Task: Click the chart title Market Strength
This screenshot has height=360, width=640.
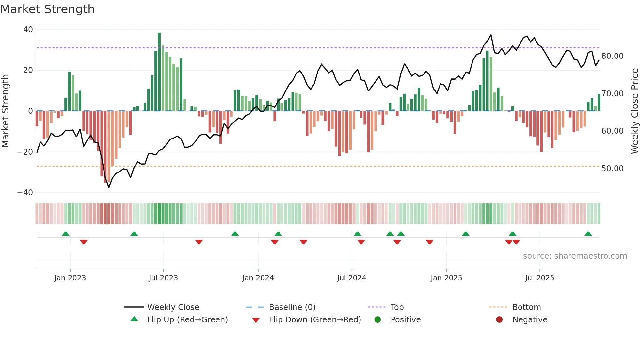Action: pos(47,9)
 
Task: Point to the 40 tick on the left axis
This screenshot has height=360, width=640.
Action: pos(28,30)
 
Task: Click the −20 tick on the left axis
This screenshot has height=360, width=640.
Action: pos(25,152)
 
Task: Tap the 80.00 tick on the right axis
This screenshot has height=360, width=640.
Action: pos(612,56)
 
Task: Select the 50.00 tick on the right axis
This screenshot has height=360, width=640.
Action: pos(612,169)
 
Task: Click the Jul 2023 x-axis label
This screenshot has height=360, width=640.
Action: pos(163,278)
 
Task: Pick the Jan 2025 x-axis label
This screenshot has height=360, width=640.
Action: pos(446,278)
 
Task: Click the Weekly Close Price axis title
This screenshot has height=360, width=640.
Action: pos(634,111)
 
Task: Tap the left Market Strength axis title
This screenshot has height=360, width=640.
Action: pos(6,111)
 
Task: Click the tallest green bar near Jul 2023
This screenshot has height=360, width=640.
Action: pos(159,72)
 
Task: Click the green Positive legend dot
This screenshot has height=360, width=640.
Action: pos(378,320)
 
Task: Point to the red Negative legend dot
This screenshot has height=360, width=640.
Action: pos(499,320)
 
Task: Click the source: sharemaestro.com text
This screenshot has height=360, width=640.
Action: pos(575,256)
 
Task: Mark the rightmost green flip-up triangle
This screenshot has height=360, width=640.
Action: pos(588,234)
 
